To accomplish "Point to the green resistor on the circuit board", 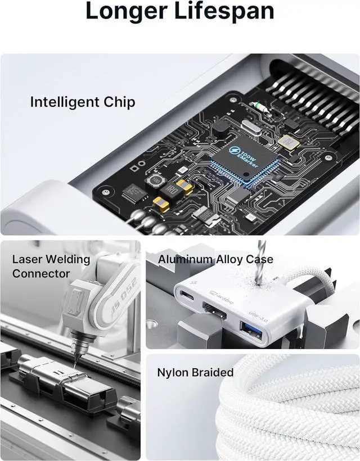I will pyautogui.click(x=260, y=106).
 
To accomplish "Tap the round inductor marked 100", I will pyautogui.click(x=153, y=182).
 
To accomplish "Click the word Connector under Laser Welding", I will pyautogui.click(x=41, y=274).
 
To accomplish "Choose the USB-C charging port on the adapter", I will pyautogui.click(x=186, y=295).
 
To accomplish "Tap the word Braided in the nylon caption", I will pyautogui.click(x=213, y=373).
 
